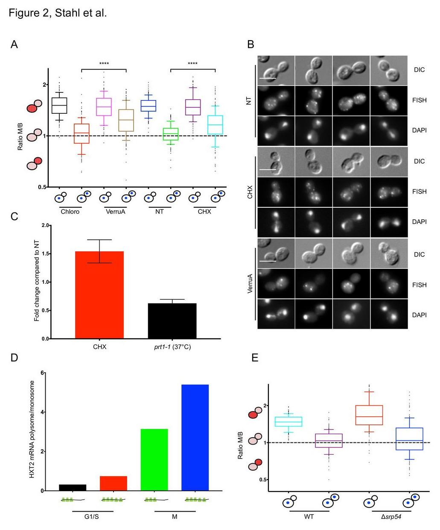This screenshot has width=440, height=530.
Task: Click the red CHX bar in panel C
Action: coord(99,295)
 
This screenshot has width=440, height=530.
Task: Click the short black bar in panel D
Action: coord(73,487)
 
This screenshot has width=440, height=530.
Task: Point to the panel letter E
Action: coord(255,357)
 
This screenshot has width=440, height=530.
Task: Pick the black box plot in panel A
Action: coord(59,105)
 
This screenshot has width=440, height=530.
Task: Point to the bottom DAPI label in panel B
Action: coord(420,315)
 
